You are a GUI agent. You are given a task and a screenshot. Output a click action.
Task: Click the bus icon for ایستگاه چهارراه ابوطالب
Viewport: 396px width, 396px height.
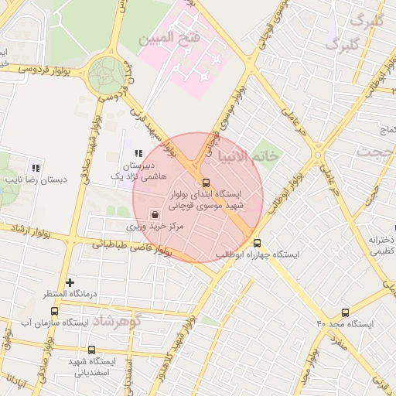click(258, 242)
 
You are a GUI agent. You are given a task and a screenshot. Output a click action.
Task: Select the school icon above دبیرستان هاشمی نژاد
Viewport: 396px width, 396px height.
click(139, 155)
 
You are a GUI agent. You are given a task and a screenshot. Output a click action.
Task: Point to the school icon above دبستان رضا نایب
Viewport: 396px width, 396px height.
click(36, 167)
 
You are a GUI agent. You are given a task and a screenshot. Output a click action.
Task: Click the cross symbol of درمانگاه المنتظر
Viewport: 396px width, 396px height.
click(70, 283)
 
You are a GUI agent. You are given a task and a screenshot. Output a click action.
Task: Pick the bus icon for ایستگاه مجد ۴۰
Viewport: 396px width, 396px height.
click(345, 312)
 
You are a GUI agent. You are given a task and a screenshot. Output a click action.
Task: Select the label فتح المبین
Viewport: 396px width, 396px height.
click(169, 36)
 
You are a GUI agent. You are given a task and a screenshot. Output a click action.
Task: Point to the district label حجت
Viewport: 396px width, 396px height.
click(378, 152)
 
